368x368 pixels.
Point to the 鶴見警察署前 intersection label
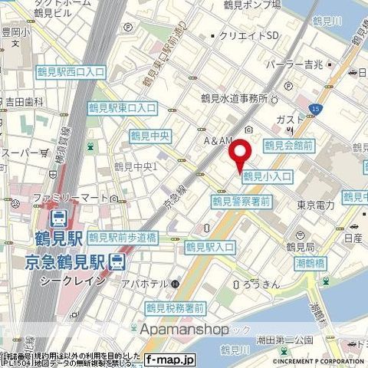[x=241, y=202]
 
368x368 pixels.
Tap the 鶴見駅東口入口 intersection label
[x=122, y=108]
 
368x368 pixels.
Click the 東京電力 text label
[x=316, y=205]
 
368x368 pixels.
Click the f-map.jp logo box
[x=171, y=359]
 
